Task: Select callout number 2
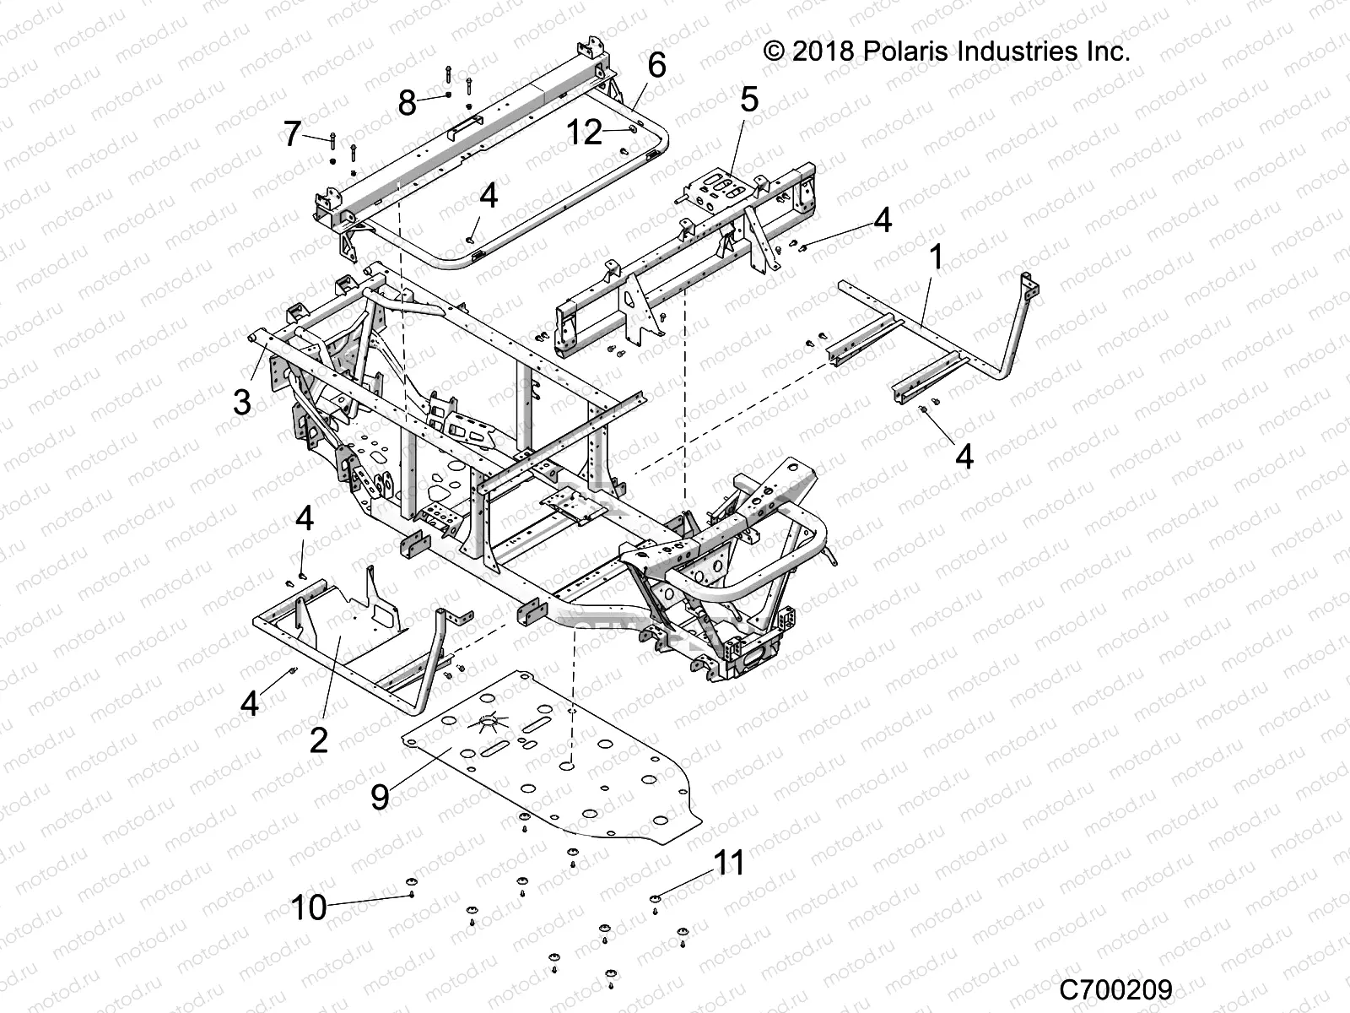tap(318, 739)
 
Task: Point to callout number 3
tap(242, 402)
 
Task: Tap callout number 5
tap(749, 100)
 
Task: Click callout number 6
tap(656, 65)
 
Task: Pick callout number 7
tap(292, 133)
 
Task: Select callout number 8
tap(407, 104)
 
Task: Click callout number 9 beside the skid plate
tap(380, 795)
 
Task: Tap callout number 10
tap(308, 908)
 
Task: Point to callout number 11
tap(729, 863)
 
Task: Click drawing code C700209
tap(1115, 988)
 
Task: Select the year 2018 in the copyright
tap(825, 51)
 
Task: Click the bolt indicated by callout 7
tap(334, 139)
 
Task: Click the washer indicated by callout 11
tap(656, 897)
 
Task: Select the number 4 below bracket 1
tap(964, 456)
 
